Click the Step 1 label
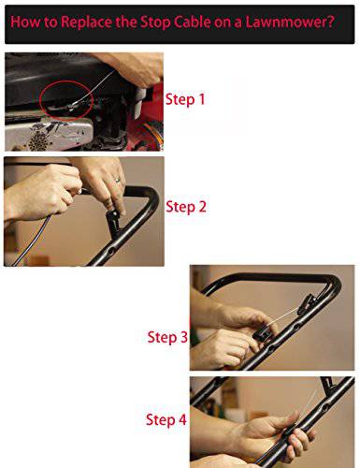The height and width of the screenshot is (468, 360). (x=185, y=100)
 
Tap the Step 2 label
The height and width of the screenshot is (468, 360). (x=186, y=207)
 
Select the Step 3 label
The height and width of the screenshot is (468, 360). (x=167, y=338)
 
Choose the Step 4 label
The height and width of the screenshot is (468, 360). (x=166, y=420)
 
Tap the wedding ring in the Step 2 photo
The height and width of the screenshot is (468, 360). (x=118, y=180)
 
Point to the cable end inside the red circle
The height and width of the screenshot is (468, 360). (x=72, y=107)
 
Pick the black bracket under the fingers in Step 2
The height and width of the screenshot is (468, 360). (x=114, y=223)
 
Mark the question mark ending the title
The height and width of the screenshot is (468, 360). (x=330, y=22)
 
